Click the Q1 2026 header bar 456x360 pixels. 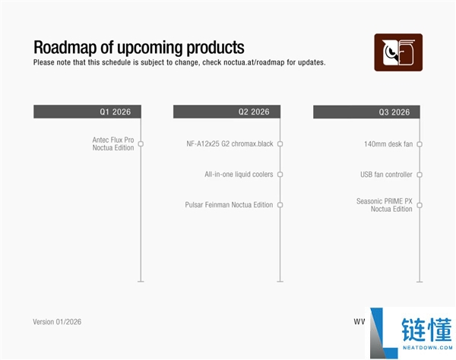tap(87, 112)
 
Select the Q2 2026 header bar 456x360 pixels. tap(226, 112)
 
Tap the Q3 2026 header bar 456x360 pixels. tap(366, 112)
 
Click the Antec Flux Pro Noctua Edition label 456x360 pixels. tap(113, 144)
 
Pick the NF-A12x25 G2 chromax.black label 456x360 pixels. tap(230, 144)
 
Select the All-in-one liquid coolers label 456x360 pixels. tap(239, 175)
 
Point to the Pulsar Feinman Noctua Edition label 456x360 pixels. tap(229, 205)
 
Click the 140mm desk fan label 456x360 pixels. tap(388, 144)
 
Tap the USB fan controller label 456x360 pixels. tap(386, 175)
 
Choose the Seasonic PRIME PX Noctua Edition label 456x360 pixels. tap(384, 205)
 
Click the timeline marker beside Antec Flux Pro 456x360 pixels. tap(141, 144)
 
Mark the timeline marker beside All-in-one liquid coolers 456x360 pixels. tap(280, 175)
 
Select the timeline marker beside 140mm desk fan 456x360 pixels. tap(420, 144)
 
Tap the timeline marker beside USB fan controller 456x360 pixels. tap(420, 175)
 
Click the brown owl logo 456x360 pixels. tap(398, 52)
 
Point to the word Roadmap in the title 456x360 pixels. tap(65, 47)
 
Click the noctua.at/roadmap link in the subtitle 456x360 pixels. tap(254, 62)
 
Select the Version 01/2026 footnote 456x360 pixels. tap(57, 322)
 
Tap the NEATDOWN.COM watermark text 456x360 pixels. tap(427, 348)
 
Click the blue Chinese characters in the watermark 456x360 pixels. tap(426, 330)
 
